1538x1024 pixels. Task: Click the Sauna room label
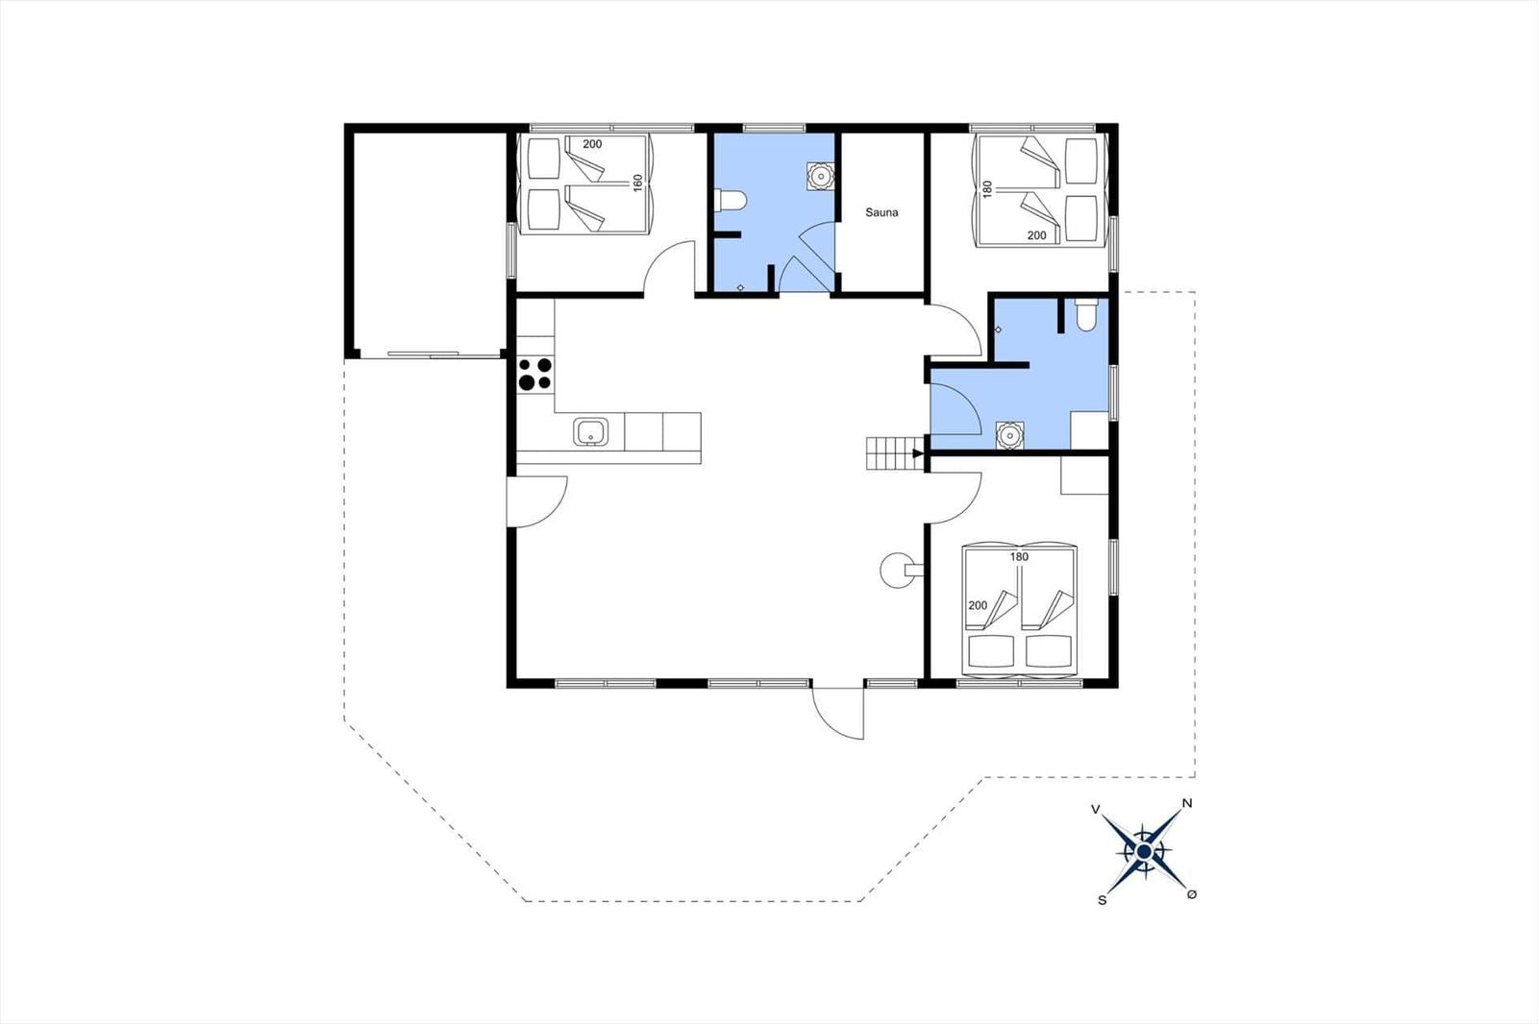pos(881,212)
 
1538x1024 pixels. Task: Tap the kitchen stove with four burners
pos(535,374)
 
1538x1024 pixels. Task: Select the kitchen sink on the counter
pos(590,432)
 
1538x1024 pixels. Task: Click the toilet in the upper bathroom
pos(730,201)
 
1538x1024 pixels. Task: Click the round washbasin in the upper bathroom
pos(820,177)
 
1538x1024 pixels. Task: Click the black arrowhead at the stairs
pos(918,453)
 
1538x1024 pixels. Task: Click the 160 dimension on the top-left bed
pos(638,183)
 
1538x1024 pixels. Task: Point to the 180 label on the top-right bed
pos(988,189)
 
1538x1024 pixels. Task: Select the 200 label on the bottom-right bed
pos(978,605)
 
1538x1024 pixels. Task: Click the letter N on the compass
pos(1187,803)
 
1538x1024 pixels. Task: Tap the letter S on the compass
pos(1103,900)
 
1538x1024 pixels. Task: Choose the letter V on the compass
pos(1096,810)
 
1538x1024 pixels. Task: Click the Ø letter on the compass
pos(1192,894)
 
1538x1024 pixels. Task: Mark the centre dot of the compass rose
pos(1144,852)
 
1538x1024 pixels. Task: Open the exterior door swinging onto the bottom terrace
pos(837,713)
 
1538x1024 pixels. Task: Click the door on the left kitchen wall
pos(537,501)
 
